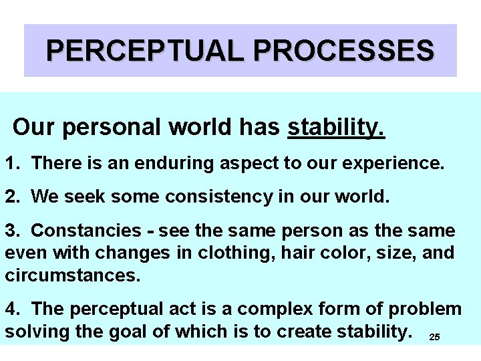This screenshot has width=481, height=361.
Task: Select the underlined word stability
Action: pos(336,127)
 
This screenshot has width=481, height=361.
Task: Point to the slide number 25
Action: pos(434,337)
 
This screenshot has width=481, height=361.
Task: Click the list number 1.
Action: pos(12,162)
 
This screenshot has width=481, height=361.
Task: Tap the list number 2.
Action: pos(12,197)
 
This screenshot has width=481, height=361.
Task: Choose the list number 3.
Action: pos(12,231)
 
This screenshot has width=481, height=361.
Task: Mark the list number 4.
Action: pos(12,309)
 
